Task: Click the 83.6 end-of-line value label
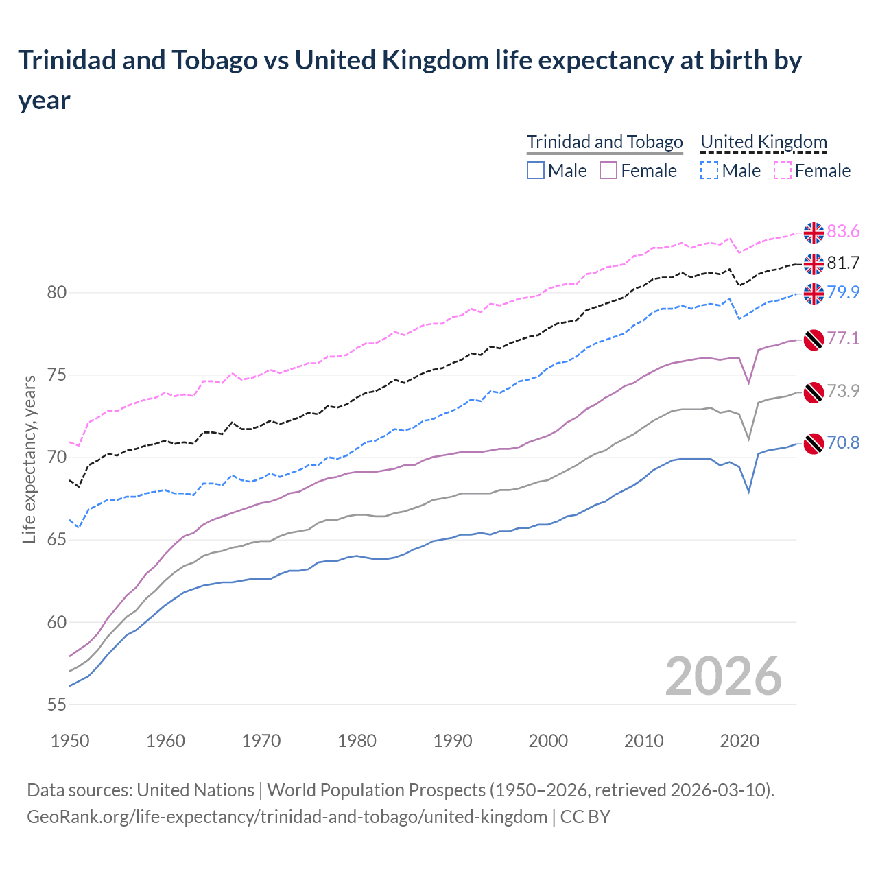(843, 232)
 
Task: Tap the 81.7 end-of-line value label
(843, 263)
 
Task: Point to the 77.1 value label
(843, 338)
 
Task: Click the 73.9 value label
(843, 391)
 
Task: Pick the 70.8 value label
(843, 443)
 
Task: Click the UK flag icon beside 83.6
(814, 233)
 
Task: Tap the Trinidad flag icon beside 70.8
(814, 444)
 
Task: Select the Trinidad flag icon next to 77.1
(814, 340)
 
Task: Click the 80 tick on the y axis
(56, 293)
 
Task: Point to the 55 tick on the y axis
(56, 705)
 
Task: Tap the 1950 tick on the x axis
(71, 741)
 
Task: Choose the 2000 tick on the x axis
(548, 741)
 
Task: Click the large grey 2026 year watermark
(724, 676)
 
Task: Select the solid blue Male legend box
(536, 170)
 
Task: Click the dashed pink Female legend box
(782, 170)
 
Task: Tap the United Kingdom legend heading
(763, 142)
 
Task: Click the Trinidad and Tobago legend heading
(604, 142)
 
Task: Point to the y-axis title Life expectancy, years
(29, 459)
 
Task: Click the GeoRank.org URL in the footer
(287, 817)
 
